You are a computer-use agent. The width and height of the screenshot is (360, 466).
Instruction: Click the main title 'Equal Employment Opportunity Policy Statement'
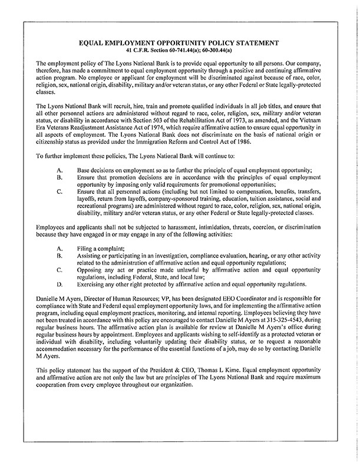pos(180,42)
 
